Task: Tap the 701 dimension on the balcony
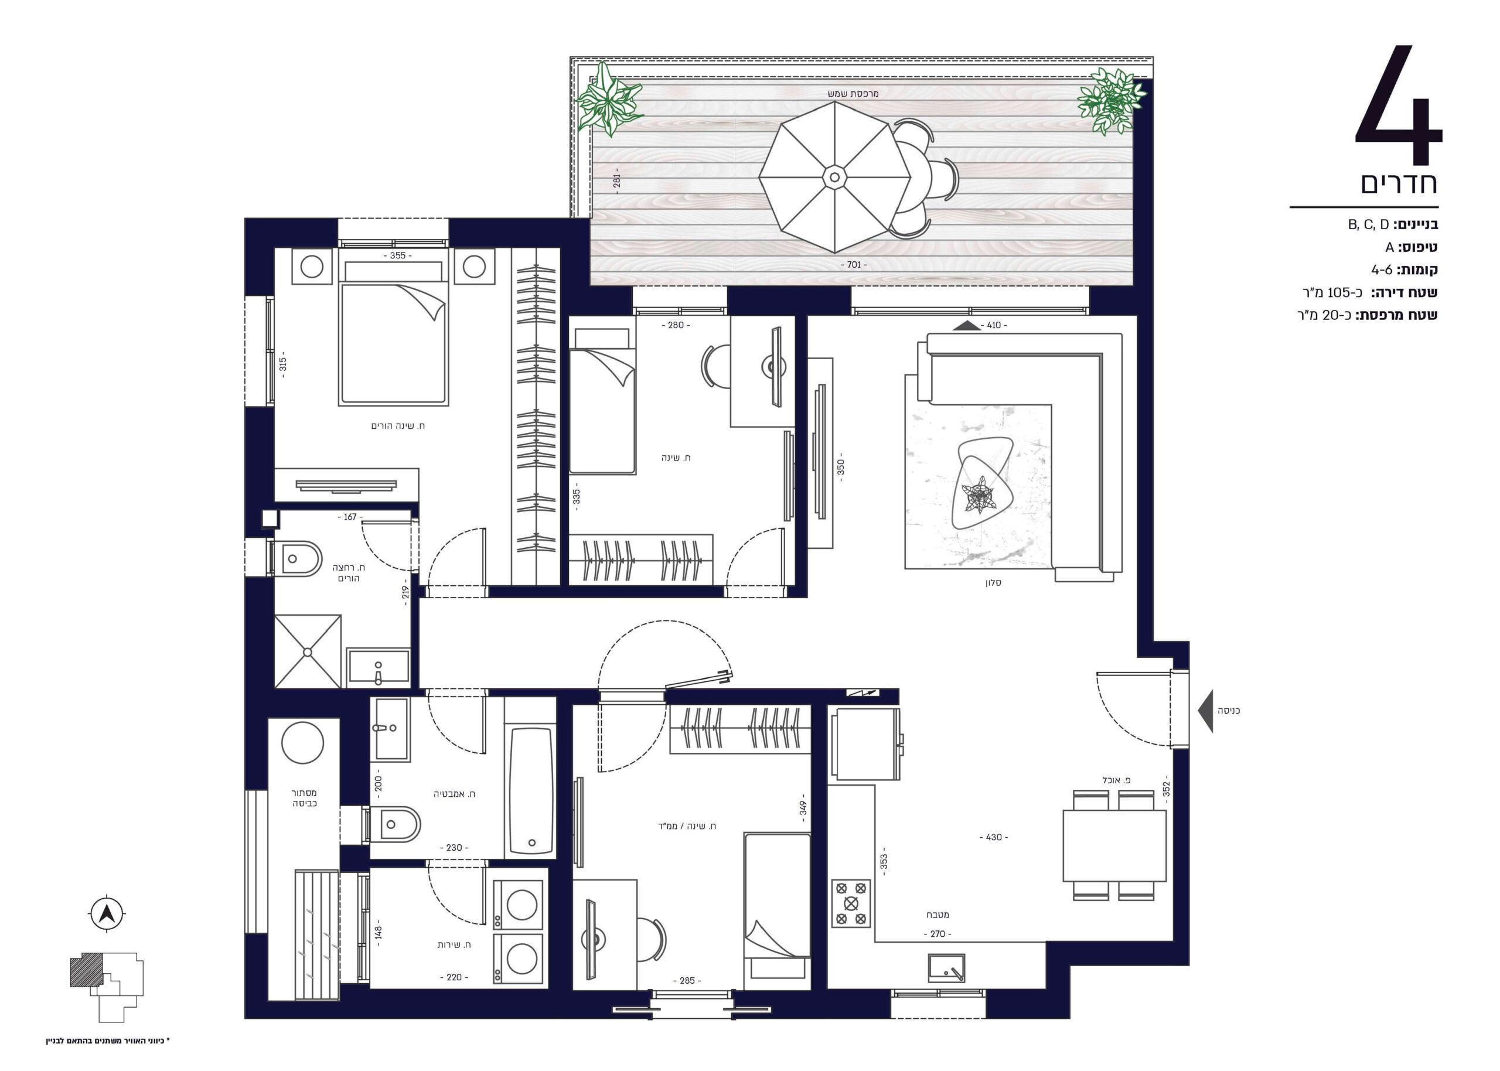(x=854, y=264)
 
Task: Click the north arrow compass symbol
(x=106, y=913)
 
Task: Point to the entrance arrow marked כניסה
(x=1205, y=711)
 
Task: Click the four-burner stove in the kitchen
(x=851, y=903)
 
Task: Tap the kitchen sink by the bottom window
(x=946, y=968)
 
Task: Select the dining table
(x=1114, y=846)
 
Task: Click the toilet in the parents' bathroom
(x=294, y=558)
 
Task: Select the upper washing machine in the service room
(x=518, y=904)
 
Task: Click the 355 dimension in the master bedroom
(x=398, y=255)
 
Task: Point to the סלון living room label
(x=993, y=583)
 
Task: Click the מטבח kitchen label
(x=937, y=915)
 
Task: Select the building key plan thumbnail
(x=106, y=987)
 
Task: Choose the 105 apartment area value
(x=1339, y=292)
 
